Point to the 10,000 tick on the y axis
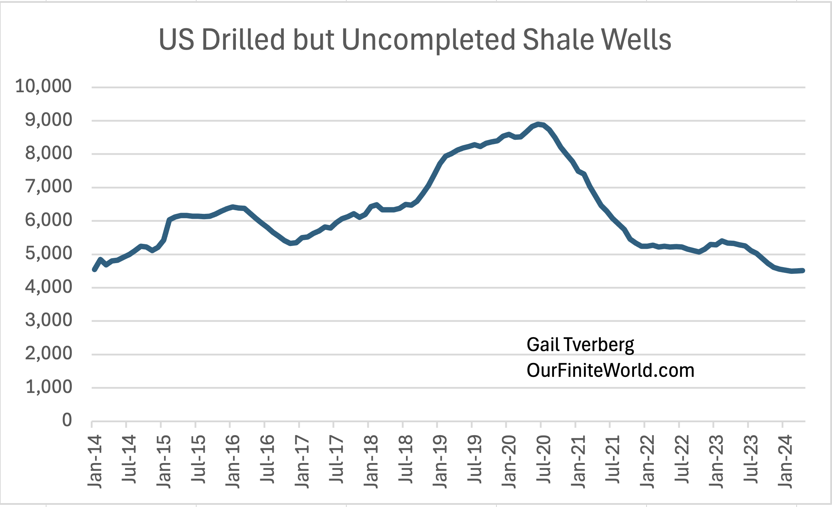coord(44,86)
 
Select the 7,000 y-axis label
coord(49,187)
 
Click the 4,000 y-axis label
coord(49,287)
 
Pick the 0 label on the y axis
coord(67,420)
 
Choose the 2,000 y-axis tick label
coord(49,354)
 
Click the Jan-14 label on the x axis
coord(95,461)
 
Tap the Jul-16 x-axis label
coord(267,459)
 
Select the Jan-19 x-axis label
coord(440,461)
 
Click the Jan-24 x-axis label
coord(785,461)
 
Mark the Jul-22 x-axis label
coord(682,459)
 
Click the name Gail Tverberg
coord(580,345)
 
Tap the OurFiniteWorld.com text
coord(610,370)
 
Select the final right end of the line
coord(803,271)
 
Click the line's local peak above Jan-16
coord(233,207)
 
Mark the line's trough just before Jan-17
coord(291,243)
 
